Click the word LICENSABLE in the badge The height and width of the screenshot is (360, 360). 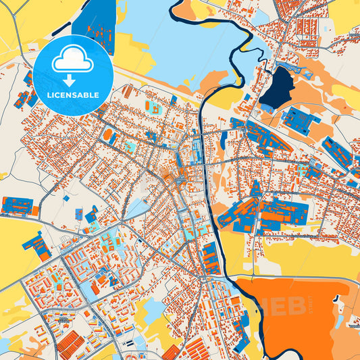click(72, 95)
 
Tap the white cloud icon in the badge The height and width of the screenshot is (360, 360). click(72, 61)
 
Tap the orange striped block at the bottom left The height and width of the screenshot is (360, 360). click(70, 344)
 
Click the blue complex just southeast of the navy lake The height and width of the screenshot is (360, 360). click(299, 120)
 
